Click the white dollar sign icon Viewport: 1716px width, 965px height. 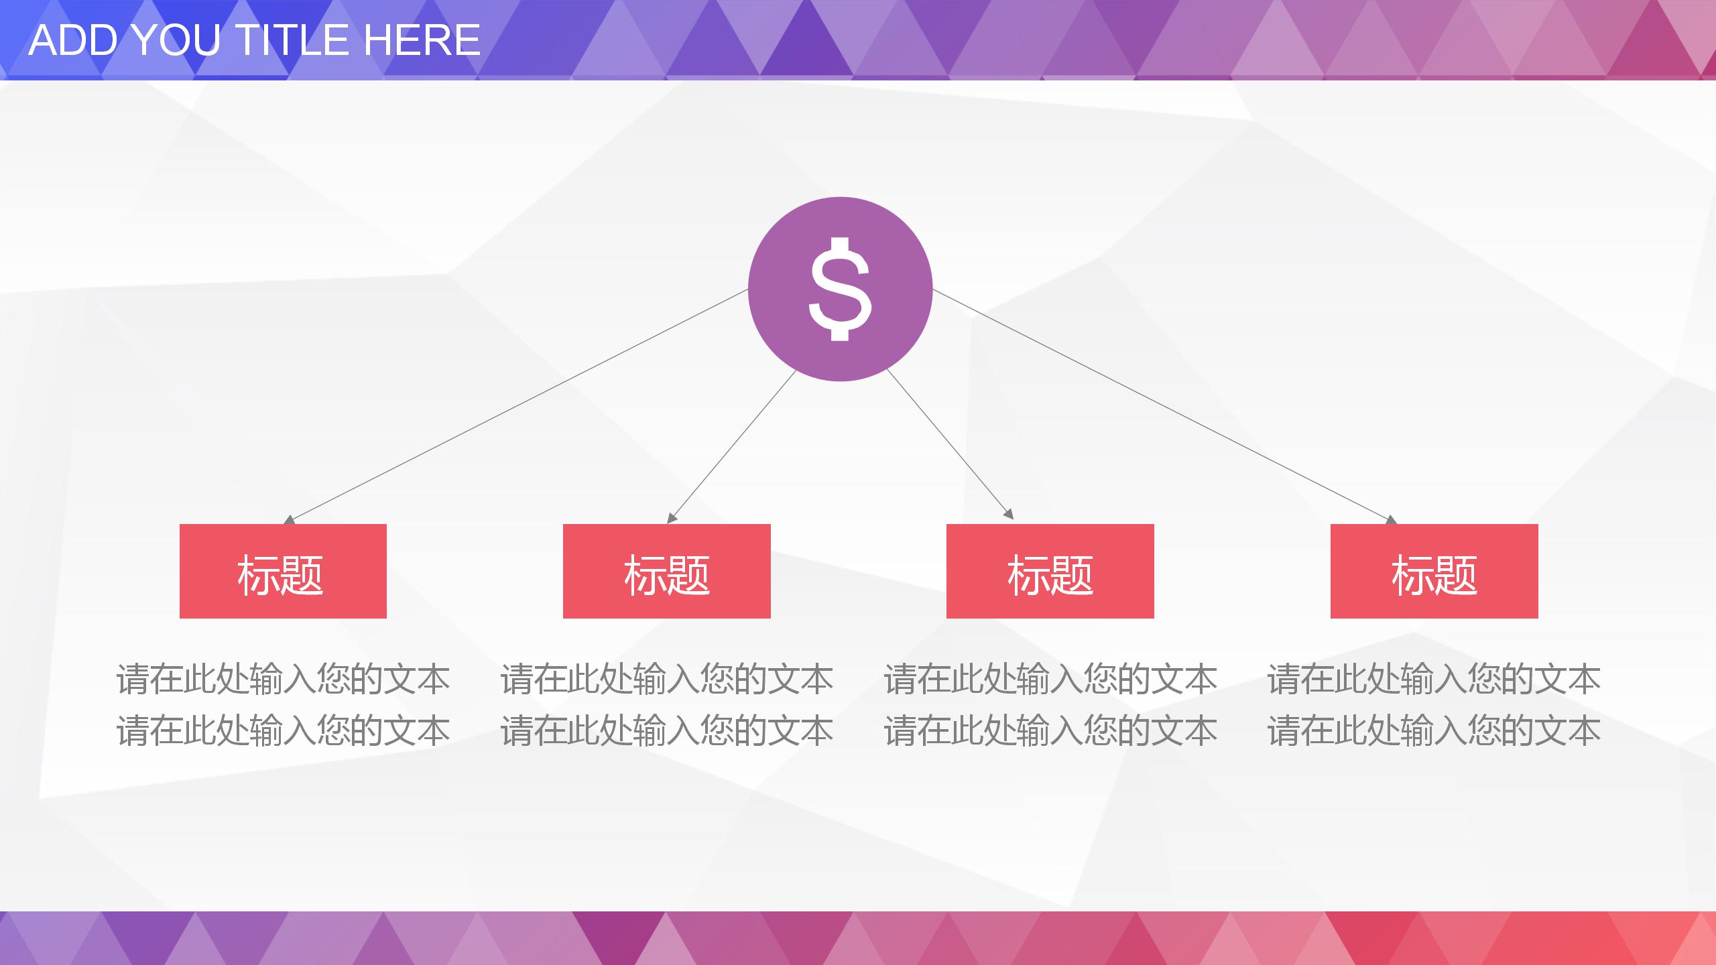point(840,289)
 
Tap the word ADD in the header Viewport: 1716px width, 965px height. point(74,40)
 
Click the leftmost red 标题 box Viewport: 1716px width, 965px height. point(283,571)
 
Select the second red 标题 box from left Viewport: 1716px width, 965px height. point(666,571)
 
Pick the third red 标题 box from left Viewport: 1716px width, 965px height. point(1050,571)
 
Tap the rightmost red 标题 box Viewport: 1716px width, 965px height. point(1434,571)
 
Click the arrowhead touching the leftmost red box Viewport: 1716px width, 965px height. point(289,520)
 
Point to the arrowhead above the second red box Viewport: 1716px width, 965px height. point(672,518)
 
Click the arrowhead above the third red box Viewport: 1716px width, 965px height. point(1008,515)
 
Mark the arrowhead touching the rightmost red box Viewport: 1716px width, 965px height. point(1392,520)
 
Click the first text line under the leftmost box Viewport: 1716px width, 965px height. point(283,679)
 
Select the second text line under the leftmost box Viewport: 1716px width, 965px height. point(283,730)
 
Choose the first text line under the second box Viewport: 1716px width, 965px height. point(666,679)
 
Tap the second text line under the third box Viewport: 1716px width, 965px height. point(1050,730)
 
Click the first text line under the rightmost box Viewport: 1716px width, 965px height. point(1434,679)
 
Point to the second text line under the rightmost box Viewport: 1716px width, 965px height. point(1434,730)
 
